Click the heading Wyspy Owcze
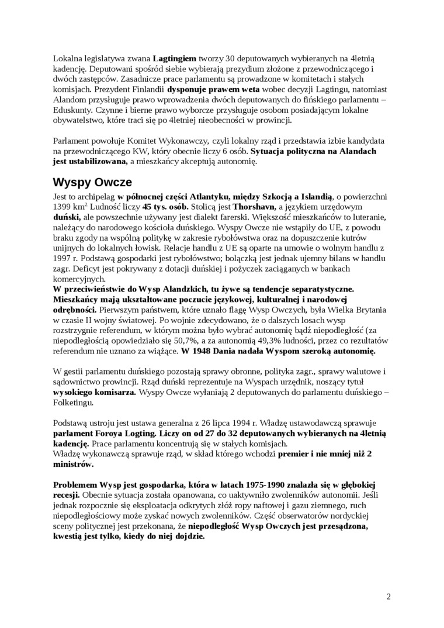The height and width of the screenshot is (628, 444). click(92, 181)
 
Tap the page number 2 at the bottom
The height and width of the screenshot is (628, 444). click(388, 596)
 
